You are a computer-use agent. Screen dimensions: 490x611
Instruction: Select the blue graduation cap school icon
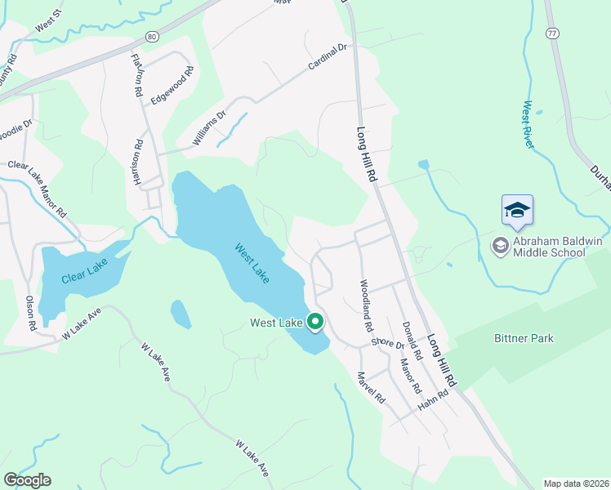517,212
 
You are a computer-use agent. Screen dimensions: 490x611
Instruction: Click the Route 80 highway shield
152,37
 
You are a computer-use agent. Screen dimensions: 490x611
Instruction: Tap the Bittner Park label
524,338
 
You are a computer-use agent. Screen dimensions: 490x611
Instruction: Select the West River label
529,124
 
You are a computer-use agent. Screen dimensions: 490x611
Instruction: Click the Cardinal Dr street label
328,56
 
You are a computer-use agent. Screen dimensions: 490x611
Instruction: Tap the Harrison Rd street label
138,163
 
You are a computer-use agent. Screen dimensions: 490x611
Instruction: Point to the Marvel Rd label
371,388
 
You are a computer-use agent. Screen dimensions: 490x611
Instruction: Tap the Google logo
27,480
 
